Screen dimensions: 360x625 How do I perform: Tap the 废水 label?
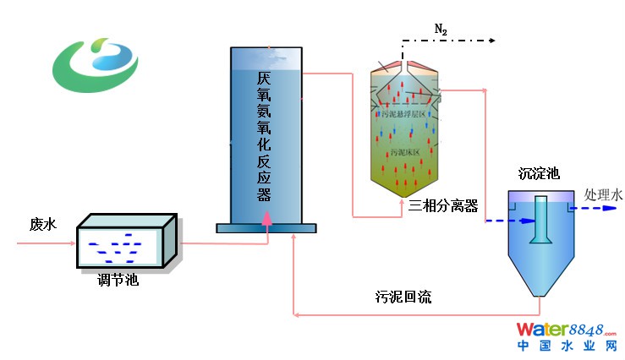pyautogui.click(x=42, y=224)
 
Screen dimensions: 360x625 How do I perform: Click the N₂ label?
pyautogui.click(x=441, y=30)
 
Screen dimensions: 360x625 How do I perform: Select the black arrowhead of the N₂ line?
pyautogui.click(x=490, y=40)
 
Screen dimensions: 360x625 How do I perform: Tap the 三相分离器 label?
pyautogui.click(x=443, y=206)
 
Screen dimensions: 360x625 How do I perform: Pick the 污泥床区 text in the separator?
pyautogui.click(x=405, y=152)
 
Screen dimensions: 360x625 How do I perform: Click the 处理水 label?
pyautogui.click(x=603, y=195)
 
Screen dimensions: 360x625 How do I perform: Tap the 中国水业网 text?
pyautogui.click(x=570, y=346)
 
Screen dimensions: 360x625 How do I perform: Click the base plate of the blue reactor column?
pyautogui.click(x=266, y=227)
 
